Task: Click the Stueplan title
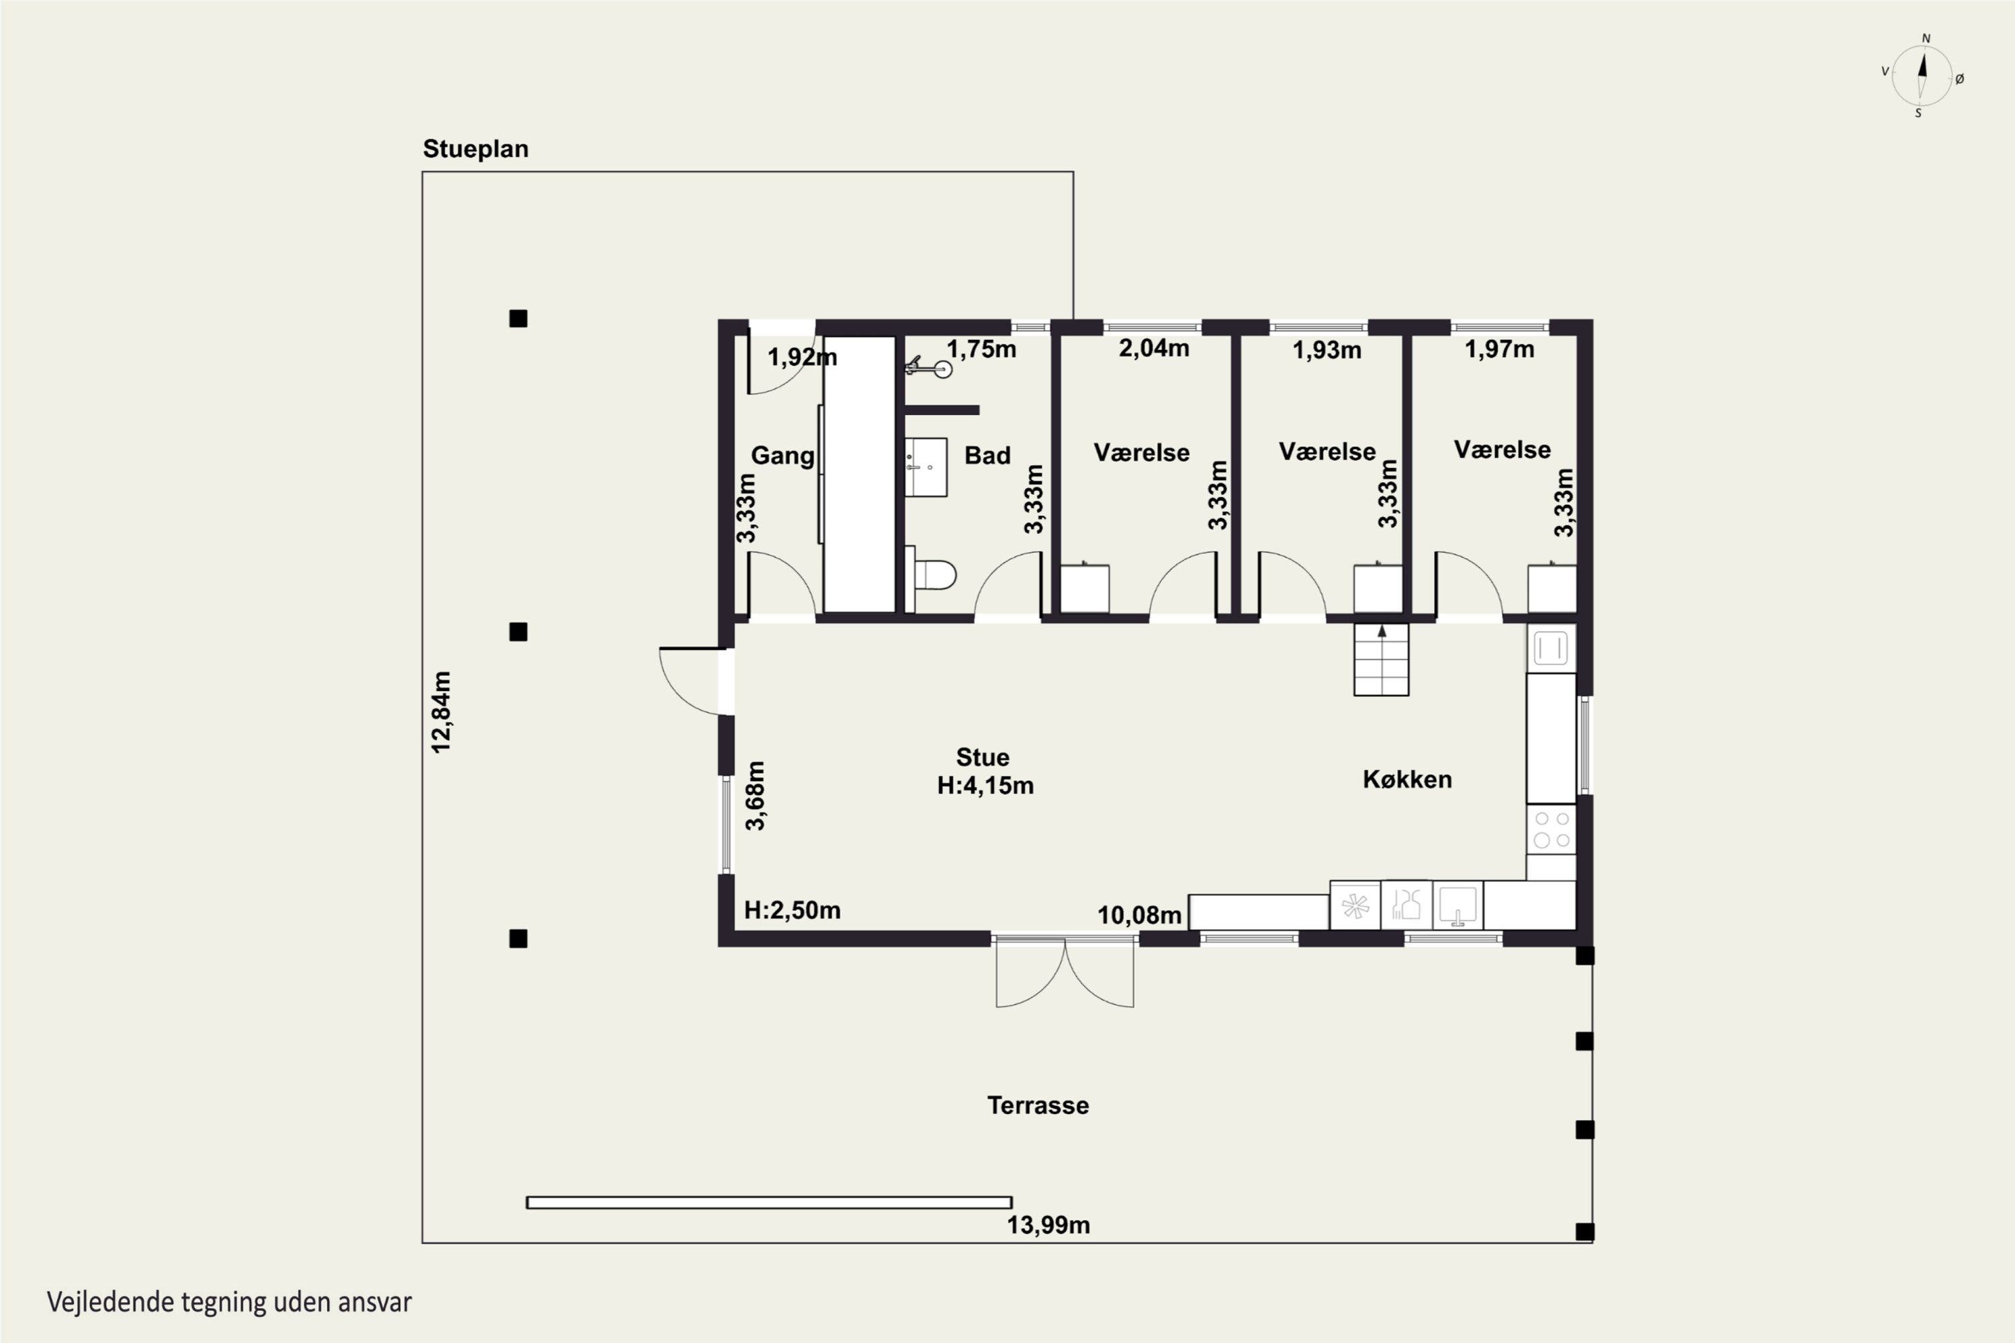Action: coord(476,149)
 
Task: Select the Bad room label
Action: coord(988,456)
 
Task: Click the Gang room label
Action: coord(782,457)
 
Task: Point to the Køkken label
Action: coord(1406,780)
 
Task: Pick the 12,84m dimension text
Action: coord(441,712)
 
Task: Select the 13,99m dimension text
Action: coord(1048,1225)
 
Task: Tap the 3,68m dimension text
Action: coord(756,796)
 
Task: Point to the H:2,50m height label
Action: coord(793,910)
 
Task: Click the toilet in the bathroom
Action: coord(930,575)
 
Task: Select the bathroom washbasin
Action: coord(926,467)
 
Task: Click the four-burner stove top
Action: coord(1552,829)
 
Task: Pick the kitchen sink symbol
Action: coord(1458,905)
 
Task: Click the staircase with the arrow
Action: coord(1381,659)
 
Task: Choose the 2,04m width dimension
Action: coord(1154,349)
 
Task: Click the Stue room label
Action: coord(983,757)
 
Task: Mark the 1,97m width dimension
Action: coord(1499,349)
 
